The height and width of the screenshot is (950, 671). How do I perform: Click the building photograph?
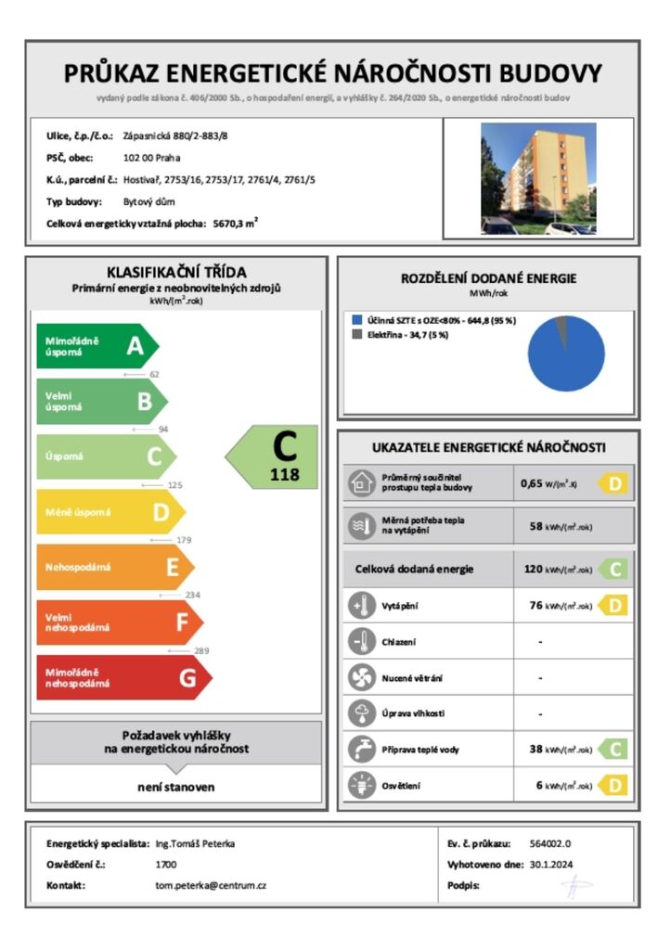click(x=538, y=179)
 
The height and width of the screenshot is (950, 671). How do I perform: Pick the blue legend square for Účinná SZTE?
click(x=356, y=319)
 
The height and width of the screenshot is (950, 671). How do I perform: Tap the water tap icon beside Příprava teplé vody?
click(x=359, y=749)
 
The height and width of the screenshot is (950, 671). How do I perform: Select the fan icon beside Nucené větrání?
click(x=359, y=677)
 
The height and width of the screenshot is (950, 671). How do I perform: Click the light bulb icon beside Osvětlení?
click(x=359, y=785)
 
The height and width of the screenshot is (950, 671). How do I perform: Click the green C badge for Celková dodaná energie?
click(x=613, y=569)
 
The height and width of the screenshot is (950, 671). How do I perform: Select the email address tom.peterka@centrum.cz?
click(x=211, y=885)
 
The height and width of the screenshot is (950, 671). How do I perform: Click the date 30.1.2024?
click(x=546, y=865)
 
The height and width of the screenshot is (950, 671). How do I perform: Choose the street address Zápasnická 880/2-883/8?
click(x=175, y=135)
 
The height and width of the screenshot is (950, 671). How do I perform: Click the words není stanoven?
click(x=176, y=787)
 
